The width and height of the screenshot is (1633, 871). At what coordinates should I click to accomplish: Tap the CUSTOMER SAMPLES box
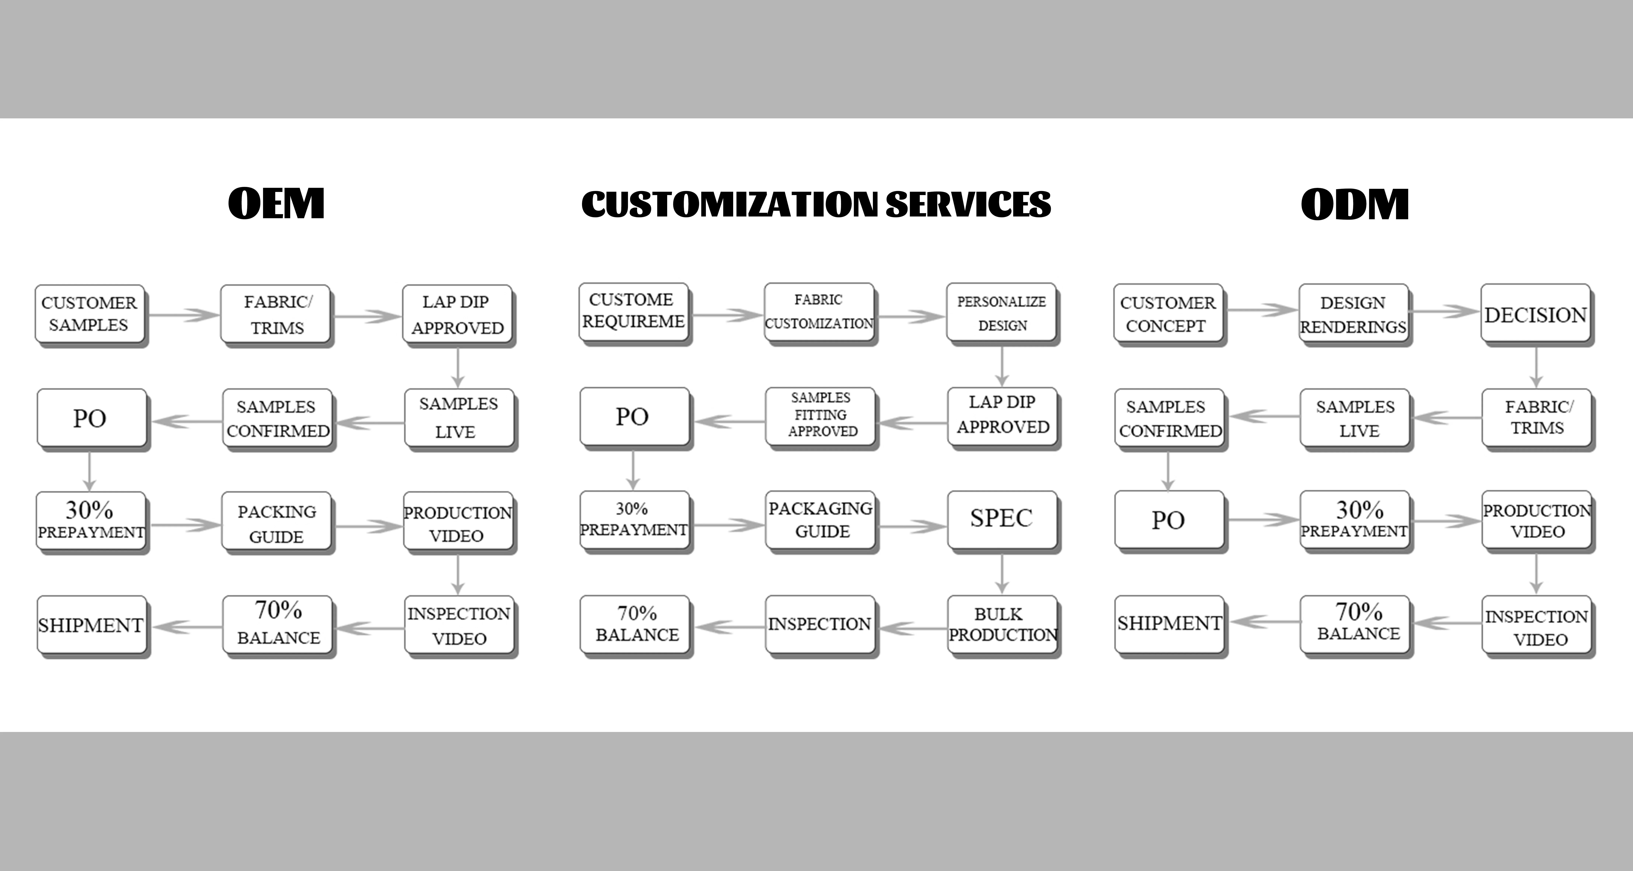coord(89,314)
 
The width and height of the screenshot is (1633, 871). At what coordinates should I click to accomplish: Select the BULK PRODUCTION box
coord(1002,624)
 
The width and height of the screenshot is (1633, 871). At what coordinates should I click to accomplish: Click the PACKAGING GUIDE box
coord(821,520)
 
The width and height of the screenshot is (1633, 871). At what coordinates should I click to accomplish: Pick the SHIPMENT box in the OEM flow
coord(91,625)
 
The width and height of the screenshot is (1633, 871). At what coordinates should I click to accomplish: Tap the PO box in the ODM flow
coord(1168,520)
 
